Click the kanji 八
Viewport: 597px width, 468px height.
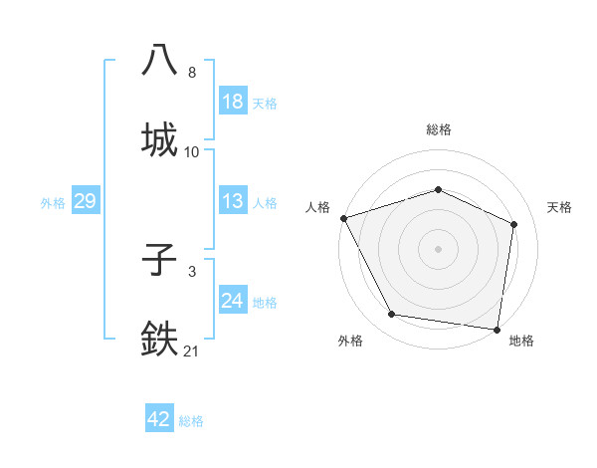[x=161, y=59]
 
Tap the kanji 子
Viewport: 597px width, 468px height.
[x=161, y=262]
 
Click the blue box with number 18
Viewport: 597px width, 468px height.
[x=233, y=102]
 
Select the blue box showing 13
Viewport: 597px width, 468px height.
[x=233, y=201]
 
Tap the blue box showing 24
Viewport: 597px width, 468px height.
[x=233, y=300]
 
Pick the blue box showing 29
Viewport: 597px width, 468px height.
[x=85, y=201]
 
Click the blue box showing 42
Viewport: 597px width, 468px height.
[x=159, y=419]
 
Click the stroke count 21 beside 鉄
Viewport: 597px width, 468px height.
[x=192, y=351]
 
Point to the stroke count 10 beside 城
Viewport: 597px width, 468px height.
[x=192, y=152]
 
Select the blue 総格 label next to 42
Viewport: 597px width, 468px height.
[x=191, y=421]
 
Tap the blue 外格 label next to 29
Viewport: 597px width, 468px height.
[x=53, y=202]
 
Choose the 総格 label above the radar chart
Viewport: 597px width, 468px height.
[x=439, y=129]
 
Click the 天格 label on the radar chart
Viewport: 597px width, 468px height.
[x=560, y=207]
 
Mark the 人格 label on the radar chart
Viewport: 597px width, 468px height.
[x=317, y=207]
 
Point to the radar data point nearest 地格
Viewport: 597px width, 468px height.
[x=497, y=328]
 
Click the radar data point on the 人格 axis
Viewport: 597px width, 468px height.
[x=343, y=218]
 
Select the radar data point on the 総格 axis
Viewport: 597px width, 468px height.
[x=439, y=189]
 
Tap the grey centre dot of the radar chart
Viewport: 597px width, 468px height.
[x=439, y=249]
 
